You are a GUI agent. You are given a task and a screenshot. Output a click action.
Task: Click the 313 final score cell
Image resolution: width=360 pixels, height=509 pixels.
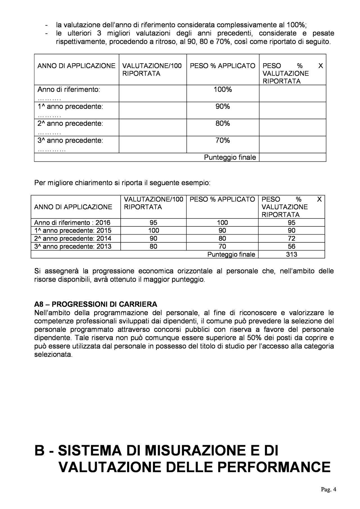291,254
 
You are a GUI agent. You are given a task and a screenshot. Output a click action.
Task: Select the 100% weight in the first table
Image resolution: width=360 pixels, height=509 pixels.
222,90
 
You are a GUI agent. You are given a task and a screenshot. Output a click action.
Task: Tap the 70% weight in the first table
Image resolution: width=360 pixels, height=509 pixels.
222,140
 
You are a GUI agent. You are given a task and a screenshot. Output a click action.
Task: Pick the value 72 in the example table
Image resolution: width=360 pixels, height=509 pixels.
291,238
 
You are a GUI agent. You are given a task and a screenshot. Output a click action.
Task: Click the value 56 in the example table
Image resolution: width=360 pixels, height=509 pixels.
291,247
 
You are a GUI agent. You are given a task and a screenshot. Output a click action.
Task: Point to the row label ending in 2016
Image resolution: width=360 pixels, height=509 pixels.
73,223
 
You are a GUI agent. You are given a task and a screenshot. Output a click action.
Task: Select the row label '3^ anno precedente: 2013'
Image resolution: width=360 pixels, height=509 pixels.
73,247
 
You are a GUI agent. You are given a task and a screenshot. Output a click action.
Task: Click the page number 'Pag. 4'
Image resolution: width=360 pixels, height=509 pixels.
328,497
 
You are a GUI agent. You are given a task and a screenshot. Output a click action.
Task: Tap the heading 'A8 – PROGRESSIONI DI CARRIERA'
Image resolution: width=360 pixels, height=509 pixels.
96,304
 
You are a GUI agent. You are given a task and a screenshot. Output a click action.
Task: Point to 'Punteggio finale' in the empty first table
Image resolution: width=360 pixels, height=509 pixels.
230,157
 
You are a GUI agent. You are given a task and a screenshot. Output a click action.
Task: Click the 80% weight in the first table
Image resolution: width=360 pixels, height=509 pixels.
222,123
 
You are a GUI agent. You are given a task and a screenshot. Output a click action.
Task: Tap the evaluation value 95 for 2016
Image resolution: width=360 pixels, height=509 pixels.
154,223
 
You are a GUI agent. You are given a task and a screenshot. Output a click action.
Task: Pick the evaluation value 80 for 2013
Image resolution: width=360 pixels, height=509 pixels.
154,247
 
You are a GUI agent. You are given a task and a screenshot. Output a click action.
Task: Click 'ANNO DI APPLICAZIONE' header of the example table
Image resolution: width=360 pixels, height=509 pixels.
73,207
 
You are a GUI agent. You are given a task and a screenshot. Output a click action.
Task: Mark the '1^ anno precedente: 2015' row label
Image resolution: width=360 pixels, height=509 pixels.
73,231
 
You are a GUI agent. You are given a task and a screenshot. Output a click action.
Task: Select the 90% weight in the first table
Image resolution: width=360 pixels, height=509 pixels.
222,107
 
